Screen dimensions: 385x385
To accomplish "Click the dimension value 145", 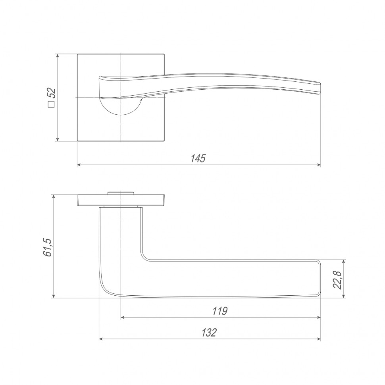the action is pyautogui.click(x=198, y=158).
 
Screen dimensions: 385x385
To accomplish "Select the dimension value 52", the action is pyautogui.click(x=52, y=93).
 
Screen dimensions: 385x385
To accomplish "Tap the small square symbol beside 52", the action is pyautogui.click(x=51, y=105).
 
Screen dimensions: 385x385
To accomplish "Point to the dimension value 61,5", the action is pyautogui.click(x=47, y=247).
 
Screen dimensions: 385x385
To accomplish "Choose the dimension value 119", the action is pyautogui.click(x=220, y=311).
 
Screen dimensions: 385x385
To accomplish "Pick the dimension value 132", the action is pyautogui.click(x=209, y=333).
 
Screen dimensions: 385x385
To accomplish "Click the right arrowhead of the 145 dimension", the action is pyautogui.click(x=319, y=165).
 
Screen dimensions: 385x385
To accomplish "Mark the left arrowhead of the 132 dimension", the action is pyautogui.click(x=101, y=339).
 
